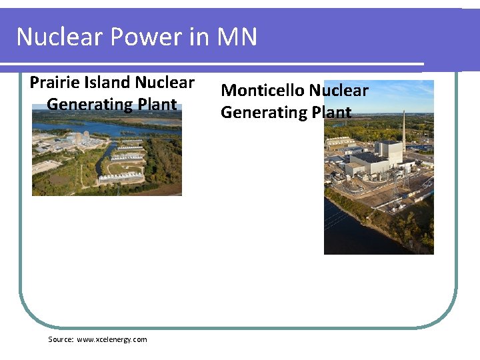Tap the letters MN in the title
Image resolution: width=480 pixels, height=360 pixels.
click(x=236, y=37)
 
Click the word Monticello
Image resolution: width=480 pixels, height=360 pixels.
click(x=263, y=90)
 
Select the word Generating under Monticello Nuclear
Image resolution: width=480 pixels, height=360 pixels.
click(x=263, y=112)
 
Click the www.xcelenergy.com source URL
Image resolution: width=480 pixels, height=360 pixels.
click(x=112, y=339)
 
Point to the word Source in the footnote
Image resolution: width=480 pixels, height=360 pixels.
click(x=61, y=339)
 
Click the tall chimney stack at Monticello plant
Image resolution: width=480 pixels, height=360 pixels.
click(x=403, y=130)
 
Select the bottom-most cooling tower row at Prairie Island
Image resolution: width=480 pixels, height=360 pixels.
click(x=121, y=177)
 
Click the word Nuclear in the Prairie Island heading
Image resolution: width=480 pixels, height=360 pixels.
click(x=165, y=83)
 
